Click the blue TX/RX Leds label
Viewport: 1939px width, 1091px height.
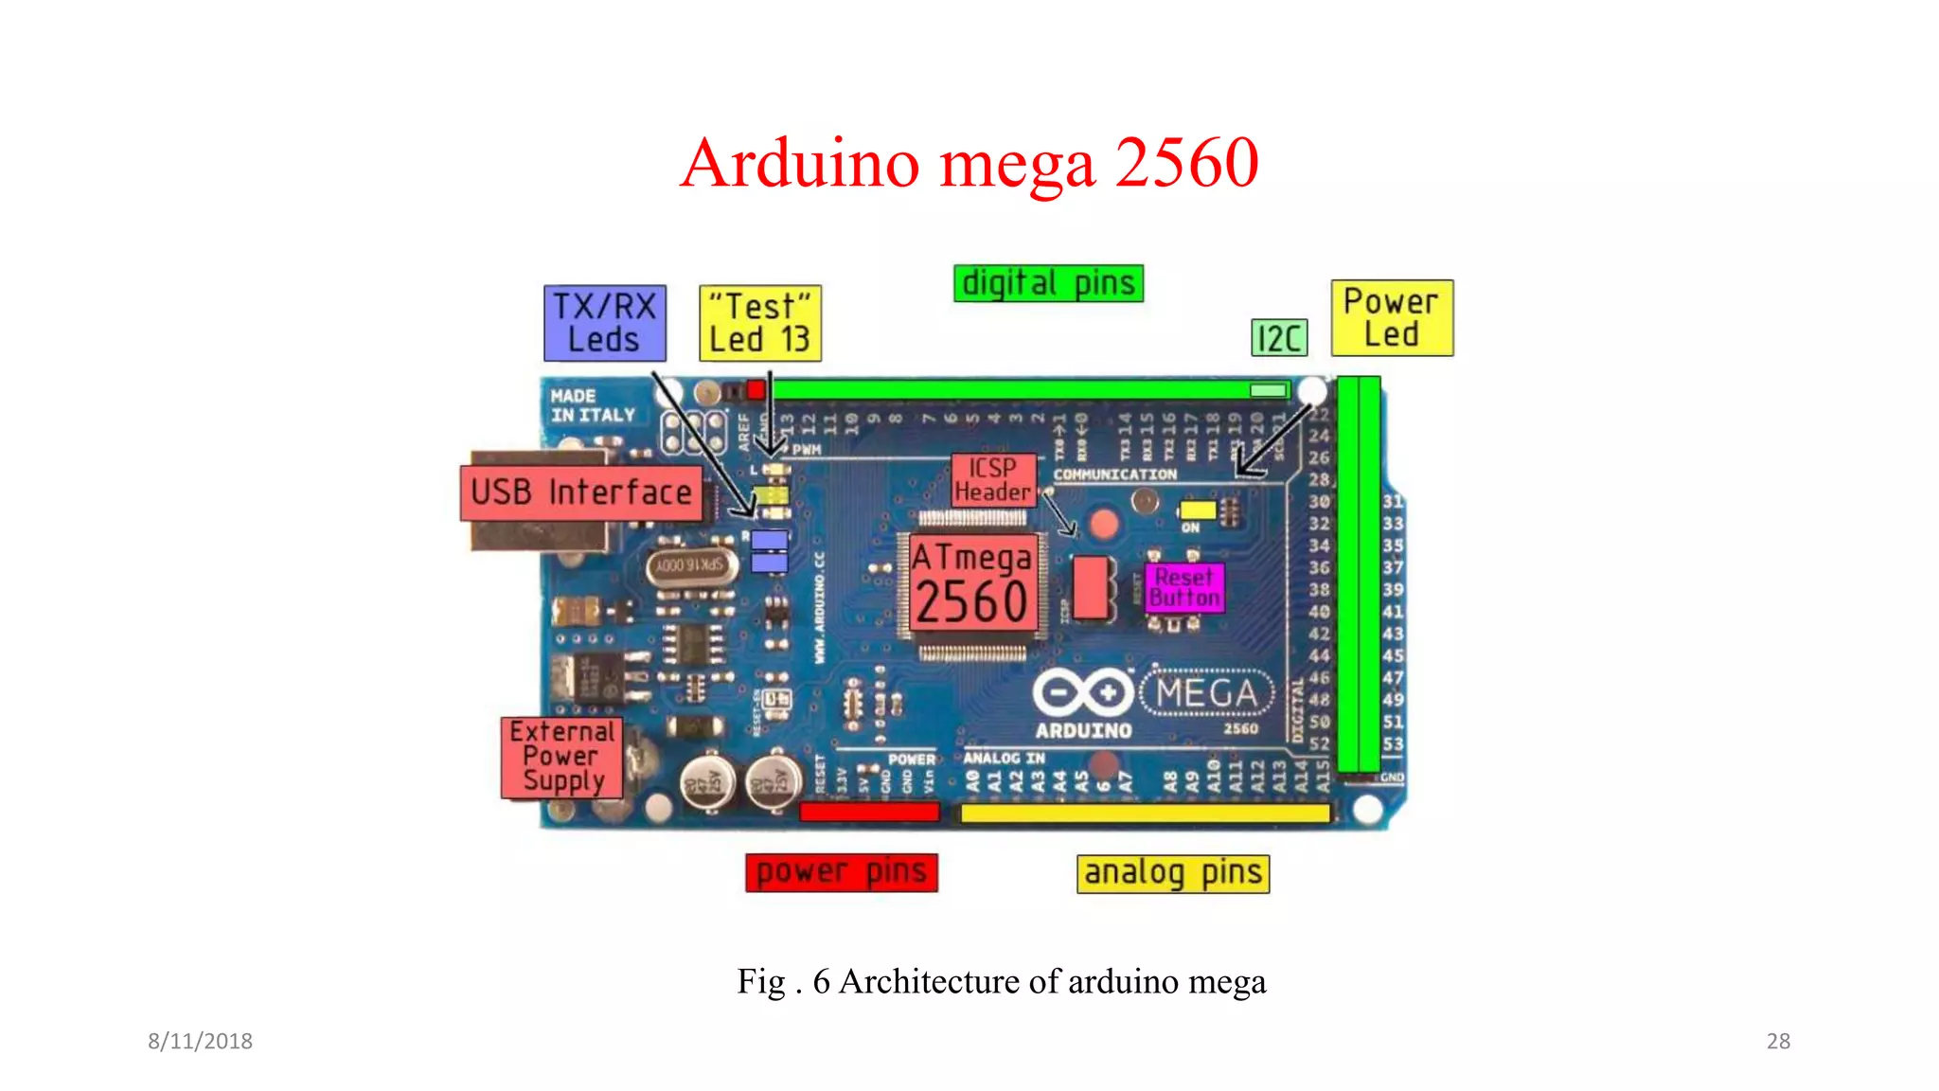coord(604,323)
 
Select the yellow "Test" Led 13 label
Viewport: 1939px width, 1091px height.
coord(759,323)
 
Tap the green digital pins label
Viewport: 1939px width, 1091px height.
coord(1048,283)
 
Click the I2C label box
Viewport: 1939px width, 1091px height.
coord(1279,338)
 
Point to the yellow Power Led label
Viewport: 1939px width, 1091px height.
coord(1391,318)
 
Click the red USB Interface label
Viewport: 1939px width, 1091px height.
coord(581,492)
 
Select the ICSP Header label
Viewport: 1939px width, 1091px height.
coord(993,480)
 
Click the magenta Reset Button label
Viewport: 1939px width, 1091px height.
coord(1184,588)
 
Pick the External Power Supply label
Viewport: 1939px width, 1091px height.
coord(562,758)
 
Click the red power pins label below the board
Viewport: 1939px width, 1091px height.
coord(841,872)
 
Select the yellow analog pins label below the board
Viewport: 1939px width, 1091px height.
coord(1172,873)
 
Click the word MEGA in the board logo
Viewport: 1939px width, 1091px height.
coord(1207,693)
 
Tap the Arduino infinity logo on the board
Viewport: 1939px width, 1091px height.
coord(1083,693)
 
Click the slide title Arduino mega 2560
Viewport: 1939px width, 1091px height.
coord(969,163)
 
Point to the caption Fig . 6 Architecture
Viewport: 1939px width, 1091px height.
coord(1001,981)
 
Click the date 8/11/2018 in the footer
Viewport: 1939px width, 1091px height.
coord(200,1041)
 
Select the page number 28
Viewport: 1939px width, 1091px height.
coord(1778,1041)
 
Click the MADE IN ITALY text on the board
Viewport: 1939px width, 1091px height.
coord(593,405)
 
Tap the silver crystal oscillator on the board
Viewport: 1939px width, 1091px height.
coord(691,565)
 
